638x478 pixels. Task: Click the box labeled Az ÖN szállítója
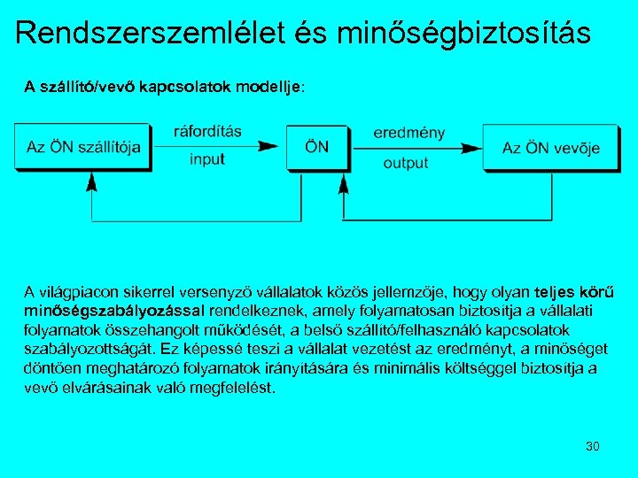(83, 147)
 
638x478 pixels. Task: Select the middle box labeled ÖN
(316, 146)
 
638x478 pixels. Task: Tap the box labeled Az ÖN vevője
(550, 147)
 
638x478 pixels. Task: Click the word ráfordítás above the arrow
(207, 132)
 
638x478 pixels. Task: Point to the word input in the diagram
(207, 159)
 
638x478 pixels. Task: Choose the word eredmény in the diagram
(408, 133)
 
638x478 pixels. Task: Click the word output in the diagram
(406, 163)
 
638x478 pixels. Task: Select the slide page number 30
(593, 445)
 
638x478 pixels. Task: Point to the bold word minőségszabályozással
(114, 311)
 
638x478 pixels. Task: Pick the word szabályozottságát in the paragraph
(84, 349)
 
